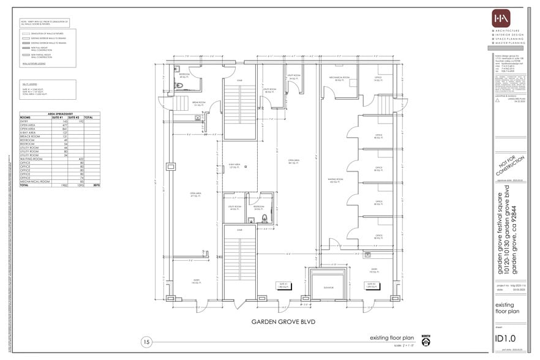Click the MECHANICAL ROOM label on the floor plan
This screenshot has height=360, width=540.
(x=339, y=78)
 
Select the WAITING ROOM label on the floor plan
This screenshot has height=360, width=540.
(x=334, y=181)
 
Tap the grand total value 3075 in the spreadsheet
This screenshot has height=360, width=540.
(x=88, y=185)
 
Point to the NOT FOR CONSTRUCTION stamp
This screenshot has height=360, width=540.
(x=510, y=166)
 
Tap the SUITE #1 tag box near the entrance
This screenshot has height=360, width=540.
(x=283, y=285)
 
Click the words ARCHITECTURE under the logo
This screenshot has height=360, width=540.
(x=509, y=31)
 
